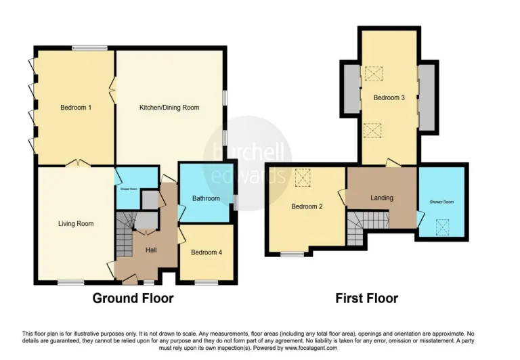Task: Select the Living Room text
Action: click(75, 223)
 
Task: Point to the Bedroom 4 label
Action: click(207, 252)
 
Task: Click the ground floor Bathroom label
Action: click(205, 198)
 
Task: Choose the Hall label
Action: click(152, 250)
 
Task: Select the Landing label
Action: click(382, 198)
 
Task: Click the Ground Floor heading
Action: click(133, 298)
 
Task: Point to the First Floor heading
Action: click(366, 298)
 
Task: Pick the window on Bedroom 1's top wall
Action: click(86, 47)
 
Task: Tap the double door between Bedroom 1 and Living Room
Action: click(79, 164)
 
